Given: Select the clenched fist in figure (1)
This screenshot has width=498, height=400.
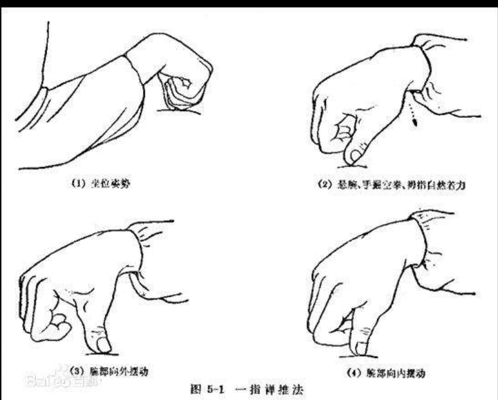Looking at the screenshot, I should [185, 83].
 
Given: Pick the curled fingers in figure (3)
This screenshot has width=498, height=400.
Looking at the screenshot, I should [53, 319].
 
